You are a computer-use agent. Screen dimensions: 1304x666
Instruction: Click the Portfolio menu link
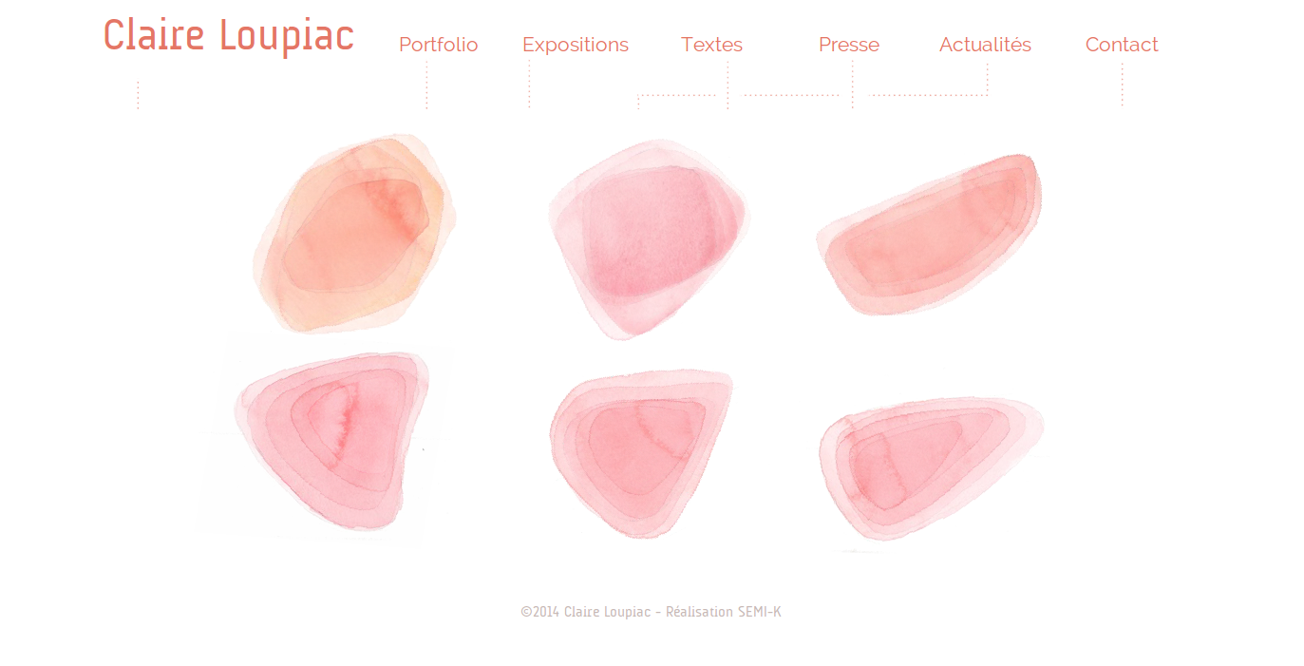pos(439,45)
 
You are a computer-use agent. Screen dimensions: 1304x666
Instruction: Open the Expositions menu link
pos(576,46)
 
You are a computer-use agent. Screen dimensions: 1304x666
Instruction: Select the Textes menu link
pos(711,45)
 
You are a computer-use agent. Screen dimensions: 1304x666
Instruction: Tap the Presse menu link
pos(849,45)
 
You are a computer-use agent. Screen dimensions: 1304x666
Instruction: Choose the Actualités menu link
pos(985,45)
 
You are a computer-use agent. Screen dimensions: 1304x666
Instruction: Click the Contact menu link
pos(1122,45)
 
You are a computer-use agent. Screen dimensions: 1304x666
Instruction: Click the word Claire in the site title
pos(154,35)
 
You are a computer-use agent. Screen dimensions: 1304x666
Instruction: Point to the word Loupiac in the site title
pos(287,37)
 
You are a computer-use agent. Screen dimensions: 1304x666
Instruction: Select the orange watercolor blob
pos(354,234)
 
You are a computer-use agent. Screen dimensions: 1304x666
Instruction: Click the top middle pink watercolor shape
pos(648,238)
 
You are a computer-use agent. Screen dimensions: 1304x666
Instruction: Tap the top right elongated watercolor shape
pos(930,235)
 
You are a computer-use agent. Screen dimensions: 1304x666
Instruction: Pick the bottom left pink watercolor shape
pos(331,441)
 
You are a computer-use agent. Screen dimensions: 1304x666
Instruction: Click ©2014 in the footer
pos(539,612)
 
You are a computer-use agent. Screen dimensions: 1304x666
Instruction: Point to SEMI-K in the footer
pos(760,612)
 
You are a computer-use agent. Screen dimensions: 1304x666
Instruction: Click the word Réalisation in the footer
pos(699,612)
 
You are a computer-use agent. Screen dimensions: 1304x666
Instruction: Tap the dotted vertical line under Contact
pos(1122,85)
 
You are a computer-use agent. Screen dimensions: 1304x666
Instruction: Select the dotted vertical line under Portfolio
pos(426,85)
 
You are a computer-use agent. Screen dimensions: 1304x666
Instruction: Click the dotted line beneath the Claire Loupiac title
pos(138,95)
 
